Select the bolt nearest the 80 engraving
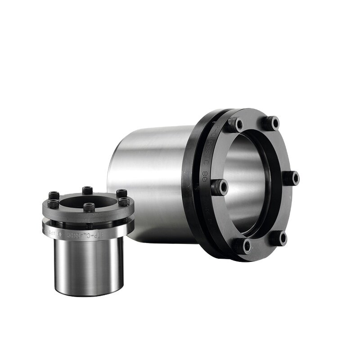tap(220, 187)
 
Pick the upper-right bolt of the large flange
tap(272, 123)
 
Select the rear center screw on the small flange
tap(85, 190)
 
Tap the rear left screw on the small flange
tap(53, 196)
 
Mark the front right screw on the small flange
tap(124, 202)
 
